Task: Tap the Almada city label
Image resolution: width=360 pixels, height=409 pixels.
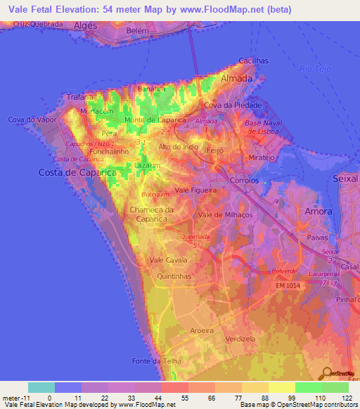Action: (x=237, y=79)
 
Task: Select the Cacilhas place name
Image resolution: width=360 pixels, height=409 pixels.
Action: (x=253, y=61)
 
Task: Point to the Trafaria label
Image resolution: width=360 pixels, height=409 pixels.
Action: (x=79, y=97)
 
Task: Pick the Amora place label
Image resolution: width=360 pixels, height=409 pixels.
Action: (x=318, y=211)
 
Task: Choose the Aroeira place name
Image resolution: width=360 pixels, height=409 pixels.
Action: (x=204, y=330)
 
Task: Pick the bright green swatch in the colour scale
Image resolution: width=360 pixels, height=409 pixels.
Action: (x=308, y=387)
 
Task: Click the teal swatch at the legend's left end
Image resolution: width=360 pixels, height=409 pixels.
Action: (x=41, y=387)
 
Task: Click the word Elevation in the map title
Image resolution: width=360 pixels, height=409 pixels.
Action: (x=79, y=9)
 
